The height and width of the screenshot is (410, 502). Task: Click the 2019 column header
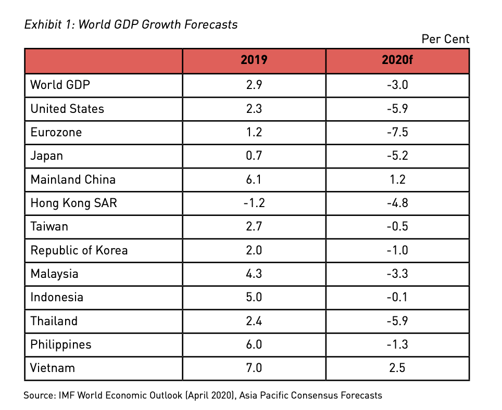(254, 60)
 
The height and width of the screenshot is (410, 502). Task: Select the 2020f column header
(397, 60)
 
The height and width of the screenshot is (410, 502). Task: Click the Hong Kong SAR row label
(73, 203)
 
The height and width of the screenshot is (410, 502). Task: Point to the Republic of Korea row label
(79, 250)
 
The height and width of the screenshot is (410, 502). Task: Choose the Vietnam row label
(53, 368)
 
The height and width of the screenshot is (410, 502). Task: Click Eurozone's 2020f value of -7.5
(397, 132)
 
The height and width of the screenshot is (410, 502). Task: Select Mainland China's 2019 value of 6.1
(254, 180)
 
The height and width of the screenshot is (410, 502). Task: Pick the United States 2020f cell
(397, 109)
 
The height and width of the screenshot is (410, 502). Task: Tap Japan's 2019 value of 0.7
(254, 156)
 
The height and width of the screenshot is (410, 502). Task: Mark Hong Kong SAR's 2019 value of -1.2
(254, 203)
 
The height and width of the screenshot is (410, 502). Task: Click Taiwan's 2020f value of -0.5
(397, 227)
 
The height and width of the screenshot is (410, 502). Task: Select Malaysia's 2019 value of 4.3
(254, 274)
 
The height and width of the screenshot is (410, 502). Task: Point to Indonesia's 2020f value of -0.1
(397, 297)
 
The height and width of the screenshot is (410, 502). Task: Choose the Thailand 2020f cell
(397, 321)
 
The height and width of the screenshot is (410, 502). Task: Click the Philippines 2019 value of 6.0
(254, 344)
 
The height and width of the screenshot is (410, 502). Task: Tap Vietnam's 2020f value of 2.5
(397, 368)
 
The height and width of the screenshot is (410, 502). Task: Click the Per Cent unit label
(445, 39)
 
